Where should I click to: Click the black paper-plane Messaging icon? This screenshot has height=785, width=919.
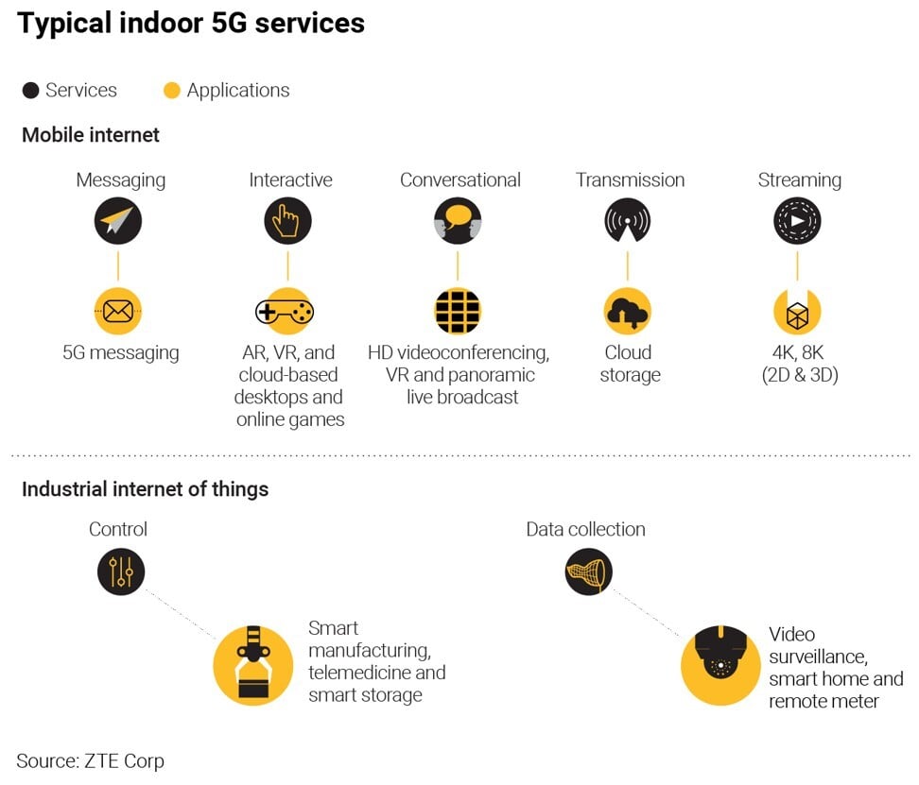tap(118, 223)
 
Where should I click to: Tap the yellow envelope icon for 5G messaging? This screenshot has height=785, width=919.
tap(118, 311)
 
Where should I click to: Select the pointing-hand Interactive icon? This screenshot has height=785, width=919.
tap(287, 223)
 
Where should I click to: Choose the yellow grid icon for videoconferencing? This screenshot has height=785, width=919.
tap(458, 311)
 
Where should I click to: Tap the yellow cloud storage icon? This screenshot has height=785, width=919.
tap(627, 312)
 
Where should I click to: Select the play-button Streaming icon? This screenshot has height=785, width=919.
tap(797, 223)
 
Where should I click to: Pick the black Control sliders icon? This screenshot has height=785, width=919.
tap(121, 572)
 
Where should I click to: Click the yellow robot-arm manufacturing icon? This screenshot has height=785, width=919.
tap(252, 665)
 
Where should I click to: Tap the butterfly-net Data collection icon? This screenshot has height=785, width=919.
tap(588, 572)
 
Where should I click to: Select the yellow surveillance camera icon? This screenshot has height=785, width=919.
tap(721, 665)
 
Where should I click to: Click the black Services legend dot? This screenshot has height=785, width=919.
tap(30, 91)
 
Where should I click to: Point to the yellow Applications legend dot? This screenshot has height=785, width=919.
tap(171, 91)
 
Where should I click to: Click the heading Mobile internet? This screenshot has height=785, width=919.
tap(91, 135)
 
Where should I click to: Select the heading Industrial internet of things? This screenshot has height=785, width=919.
tap(145, 489)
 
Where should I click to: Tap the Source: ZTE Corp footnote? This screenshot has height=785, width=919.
tap(90, 759)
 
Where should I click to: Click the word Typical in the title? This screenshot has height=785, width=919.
tap(62, 24)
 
